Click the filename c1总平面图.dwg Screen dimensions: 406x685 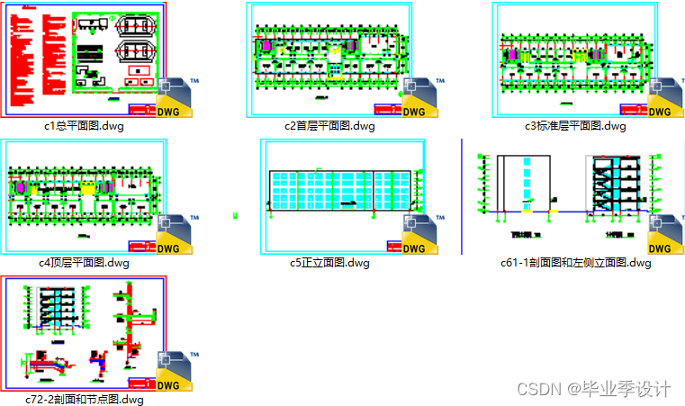click(x=85, y=126)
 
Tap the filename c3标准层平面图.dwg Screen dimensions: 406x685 click(x=575, y=126)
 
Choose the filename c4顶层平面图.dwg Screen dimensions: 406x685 click(x=85, y=263)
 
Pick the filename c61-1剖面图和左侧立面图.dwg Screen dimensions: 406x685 click(x=575, y=263)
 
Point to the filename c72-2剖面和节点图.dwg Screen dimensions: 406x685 click(x=85, y=399)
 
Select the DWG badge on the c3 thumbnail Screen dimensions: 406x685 click(x=667, y=99)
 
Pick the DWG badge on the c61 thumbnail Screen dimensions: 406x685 click(x=667, y=236)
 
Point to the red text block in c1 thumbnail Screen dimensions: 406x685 click(x=36, y=54)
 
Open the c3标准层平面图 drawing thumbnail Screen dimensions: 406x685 click(x=572, y=59)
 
